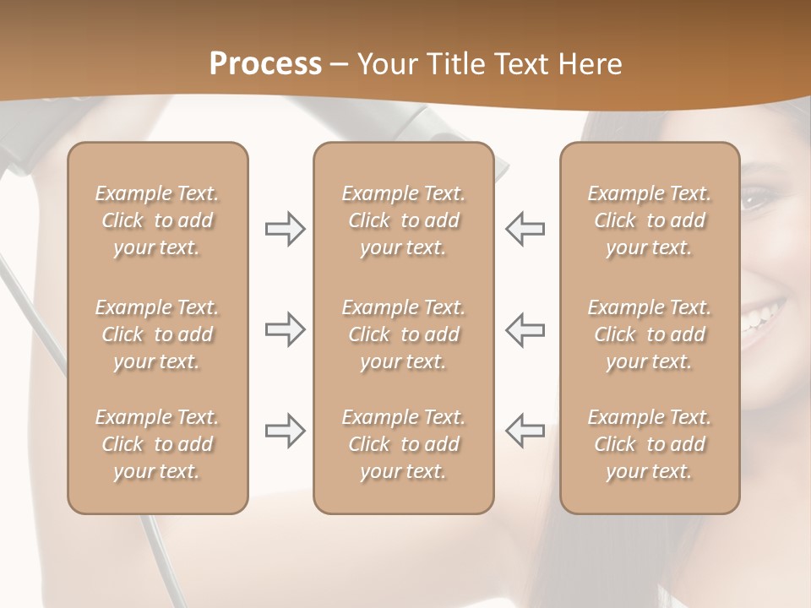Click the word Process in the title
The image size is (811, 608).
click(x=265, y=64)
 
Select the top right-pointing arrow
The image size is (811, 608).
click(x=285, y=229)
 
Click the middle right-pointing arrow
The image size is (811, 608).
click(x=285, y=329)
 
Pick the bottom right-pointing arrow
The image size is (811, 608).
click(x=285, y=431)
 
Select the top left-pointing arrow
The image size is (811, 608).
click(x=525, y=229)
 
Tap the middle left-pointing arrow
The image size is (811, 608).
click(x=525, y=329)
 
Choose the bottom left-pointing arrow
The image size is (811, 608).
click(x=525, y=431)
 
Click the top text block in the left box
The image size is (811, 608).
click(x=157, y=220)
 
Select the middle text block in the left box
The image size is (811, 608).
click(x=157, y=334)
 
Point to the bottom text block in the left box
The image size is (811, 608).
click(x=157, y=444)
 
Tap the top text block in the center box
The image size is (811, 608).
click(x=404, y=220)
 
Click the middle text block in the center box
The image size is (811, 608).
click(x=404, y=334)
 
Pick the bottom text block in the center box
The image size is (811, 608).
click(x=404, y=444)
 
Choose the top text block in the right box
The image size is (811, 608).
click(x=650, y=220)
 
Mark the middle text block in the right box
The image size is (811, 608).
click(x=650, y=334)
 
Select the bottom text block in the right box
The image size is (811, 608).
click(x=650, y=444)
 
